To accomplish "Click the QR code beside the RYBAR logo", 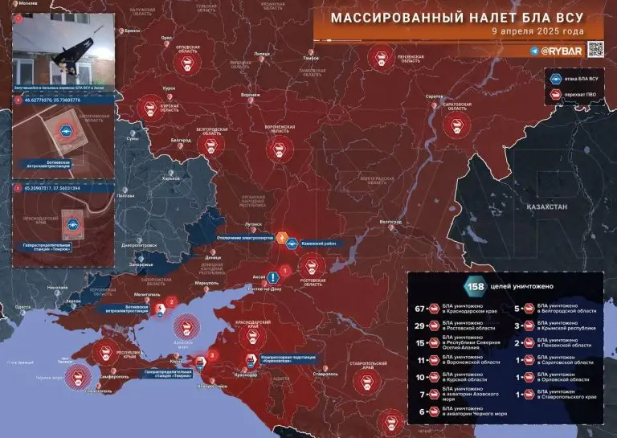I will (595, 49).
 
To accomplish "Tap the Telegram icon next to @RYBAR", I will (534, 50).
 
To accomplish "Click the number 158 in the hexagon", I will (472, 285).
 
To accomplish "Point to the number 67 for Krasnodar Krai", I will (423, 308).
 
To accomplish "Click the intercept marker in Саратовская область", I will (459, 124).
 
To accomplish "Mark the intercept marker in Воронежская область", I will (279, 148).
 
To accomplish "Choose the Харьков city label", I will (148, 178).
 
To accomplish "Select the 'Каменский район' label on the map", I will (324, 244).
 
